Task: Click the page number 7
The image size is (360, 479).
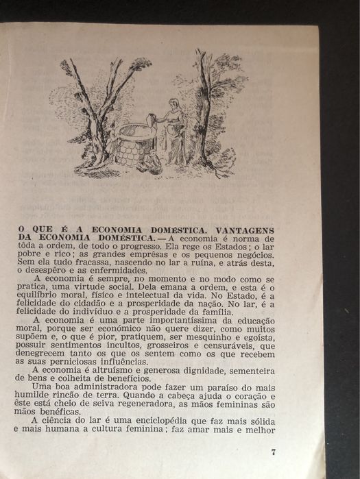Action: coord(274,453)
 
